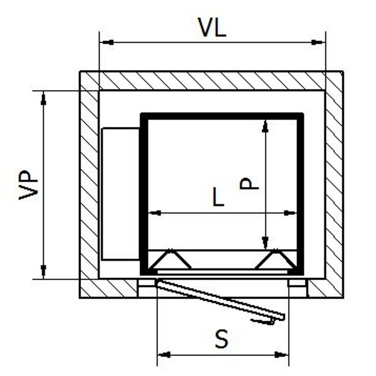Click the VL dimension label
point(211,27)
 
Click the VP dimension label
point(28,185)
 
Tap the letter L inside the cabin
point(218,197)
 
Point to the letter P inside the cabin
point(249,184)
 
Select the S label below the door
point(222,339)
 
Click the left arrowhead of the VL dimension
point(108,43)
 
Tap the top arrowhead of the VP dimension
point(44,99)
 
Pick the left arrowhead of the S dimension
point(164,354)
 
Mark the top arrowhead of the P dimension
point(265,126)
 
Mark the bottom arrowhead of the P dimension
point(265,242)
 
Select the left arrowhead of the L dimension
point(155,212)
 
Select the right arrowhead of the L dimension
point(290,212)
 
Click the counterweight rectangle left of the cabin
point(120,194)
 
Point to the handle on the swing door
point(263,321)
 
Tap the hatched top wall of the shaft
point(211,81)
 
